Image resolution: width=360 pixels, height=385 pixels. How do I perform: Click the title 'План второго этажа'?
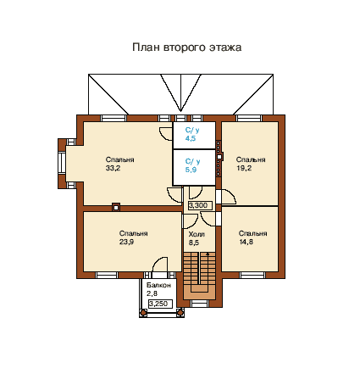(186, 47)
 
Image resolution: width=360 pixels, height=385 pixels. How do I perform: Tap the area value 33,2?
(113, 168)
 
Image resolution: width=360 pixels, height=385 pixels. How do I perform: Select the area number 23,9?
(126, 242)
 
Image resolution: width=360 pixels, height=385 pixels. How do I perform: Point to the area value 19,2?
(244, 168)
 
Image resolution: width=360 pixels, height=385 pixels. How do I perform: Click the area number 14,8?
(246, 242)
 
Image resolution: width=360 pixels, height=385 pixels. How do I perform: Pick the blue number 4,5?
(191, 138)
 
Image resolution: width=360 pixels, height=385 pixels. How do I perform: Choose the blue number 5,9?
(191, 170)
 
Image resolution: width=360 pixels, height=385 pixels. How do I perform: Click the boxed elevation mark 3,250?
(160, 304)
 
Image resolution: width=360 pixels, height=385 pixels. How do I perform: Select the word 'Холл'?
(197, 234)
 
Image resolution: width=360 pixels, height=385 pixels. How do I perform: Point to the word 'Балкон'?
(158, 285)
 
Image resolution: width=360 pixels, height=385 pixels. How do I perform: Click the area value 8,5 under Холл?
(194, 243)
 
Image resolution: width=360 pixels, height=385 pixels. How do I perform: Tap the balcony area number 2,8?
(152, 293)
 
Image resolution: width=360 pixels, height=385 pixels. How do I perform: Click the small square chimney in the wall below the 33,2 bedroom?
(116, 207)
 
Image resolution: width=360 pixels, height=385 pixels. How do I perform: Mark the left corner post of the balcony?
(143, 313)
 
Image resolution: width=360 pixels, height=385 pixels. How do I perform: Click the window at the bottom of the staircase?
(199, 304)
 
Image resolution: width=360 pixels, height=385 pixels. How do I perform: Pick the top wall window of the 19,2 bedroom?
(249, 118)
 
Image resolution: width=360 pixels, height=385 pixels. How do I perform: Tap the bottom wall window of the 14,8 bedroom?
(252, 275)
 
